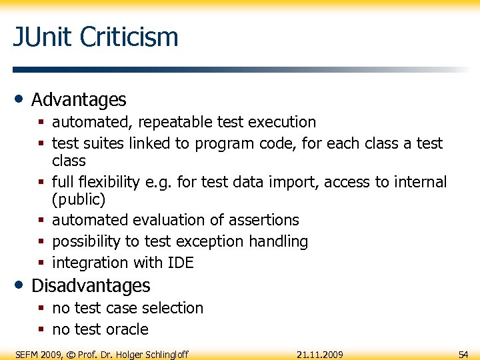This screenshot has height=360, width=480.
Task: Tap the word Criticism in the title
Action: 129,37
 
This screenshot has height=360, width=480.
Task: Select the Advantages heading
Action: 79,100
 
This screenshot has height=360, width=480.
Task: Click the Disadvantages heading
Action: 91,285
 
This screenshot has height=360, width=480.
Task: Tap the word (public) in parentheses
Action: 79,199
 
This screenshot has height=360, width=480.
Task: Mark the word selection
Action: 173,308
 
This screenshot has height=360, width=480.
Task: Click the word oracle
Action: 127,329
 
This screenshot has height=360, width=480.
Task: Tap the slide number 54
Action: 463,354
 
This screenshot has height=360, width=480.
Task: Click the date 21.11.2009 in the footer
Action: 320,354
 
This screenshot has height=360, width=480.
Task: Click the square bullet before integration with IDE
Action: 42,263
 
